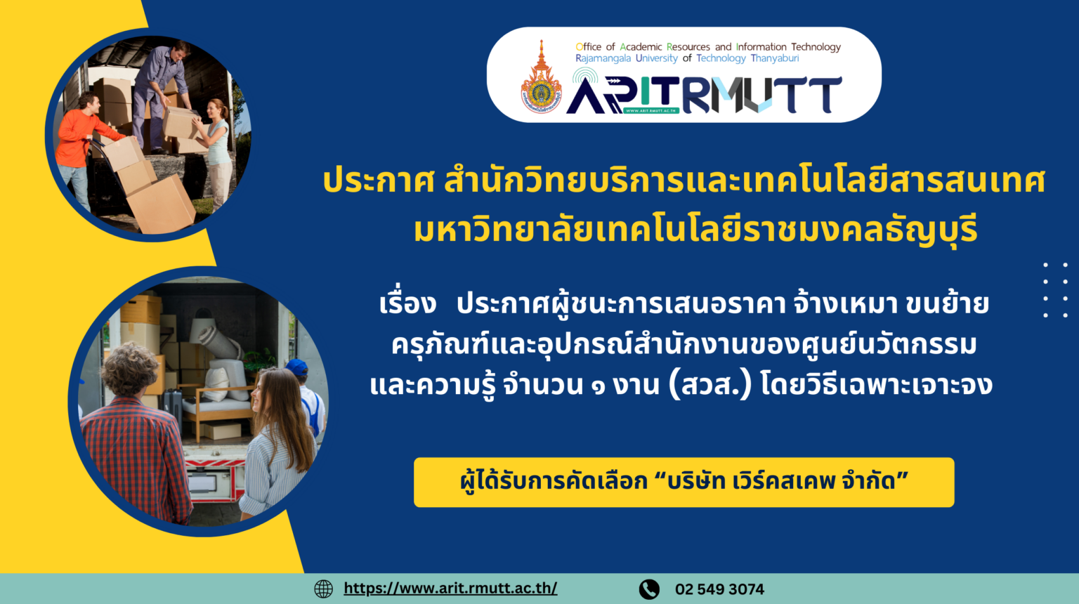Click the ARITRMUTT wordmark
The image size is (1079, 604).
pyautogui.click(x=704, y=94)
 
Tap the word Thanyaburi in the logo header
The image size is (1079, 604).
pyautogui.click(x=775, y=58)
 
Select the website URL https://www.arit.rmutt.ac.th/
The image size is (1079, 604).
pyautogui.click(x=450, y=588)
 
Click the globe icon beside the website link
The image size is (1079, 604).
pyautogui.click(x=323, y=589)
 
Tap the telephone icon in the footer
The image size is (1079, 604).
pyautogui.click(x=649, y=589)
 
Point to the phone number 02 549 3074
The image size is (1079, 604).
pyautogui.click(x=719, y=589)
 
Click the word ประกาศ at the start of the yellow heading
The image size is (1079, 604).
pyautogui.click(x=379, y=180)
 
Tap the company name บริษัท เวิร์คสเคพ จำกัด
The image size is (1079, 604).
pyautogui.click(x=781, y=481)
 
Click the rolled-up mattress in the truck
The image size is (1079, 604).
pyautogui.click(x=219, y=339)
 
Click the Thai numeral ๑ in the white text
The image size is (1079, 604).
pyautogui.click(x=598, y=387)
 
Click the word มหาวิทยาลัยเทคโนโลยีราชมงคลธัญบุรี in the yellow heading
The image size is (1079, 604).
pyautogui.click(x=695, y=230)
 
